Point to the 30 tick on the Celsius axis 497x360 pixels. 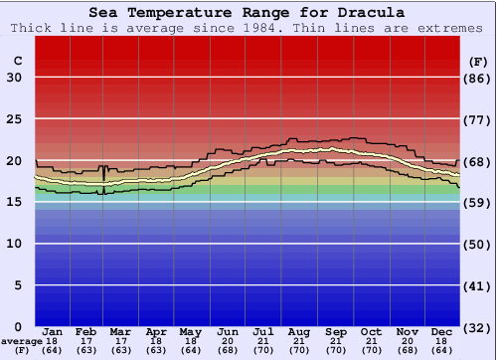14,78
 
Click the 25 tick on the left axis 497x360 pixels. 14,119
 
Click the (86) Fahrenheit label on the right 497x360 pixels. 477,78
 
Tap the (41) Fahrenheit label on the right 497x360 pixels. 477,285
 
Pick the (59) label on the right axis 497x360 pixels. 477,203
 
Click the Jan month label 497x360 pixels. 53,331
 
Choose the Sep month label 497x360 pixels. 335,331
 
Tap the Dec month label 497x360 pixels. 442,331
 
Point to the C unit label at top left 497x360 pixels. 17,61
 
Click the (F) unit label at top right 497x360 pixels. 477,61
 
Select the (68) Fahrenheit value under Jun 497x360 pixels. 229,350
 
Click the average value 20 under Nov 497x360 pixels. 407,341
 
